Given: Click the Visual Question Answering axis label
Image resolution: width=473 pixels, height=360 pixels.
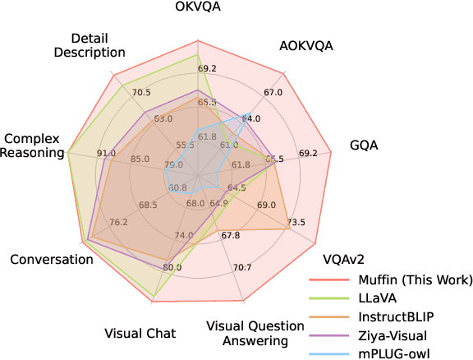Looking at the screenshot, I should tap(247, 333).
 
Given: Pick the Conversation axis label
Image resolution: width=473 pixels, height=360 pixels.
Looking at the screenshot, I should tap(51, 259).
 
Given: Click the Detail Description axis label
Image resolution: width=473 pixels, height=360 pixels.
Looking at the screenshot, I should tap(98, 45).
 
